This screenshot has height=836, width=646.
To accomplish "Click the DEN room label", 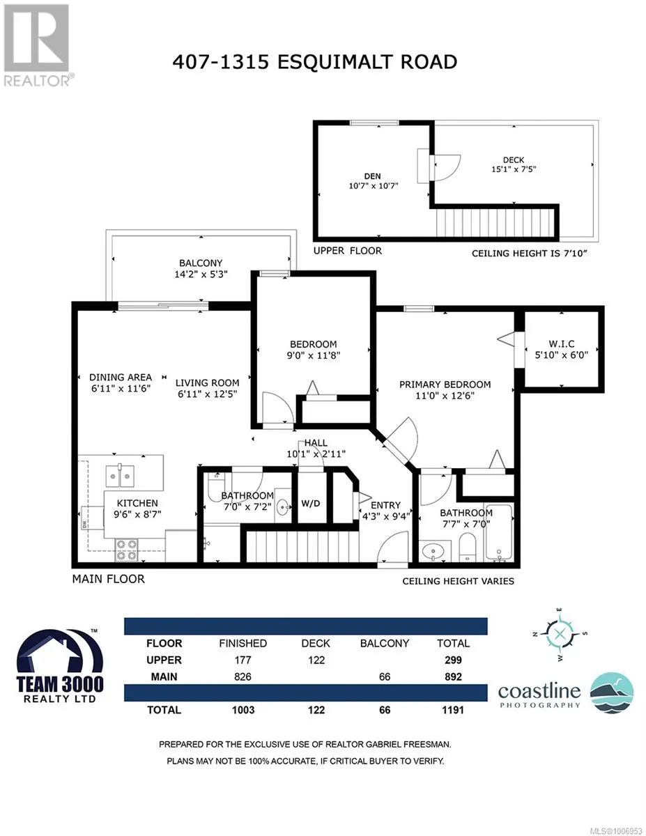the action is [x=372, y=176].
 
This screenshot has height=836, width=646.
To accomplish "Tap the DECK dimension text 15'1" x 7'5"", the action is [x=514, y=169].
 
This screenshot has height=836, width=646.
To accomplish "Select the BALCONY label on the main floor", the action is [x=201, y=263].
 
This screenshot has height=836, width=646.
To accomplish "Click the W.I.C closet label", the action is [x=562, y=343].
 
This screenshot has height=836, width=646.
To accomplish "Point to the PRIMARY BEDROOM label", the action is [x=445, y=385].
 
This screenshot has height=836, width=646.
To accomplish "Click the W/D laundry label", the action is [x=311, y=504].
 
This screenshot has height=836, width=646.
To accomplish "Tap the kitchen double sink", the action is [x=120, y=476].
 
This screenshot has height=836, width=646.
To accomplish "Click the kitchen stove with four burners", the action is [x=127, y=550].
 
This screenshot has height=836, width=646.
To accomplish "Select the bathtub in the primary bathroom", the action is [x=499, y=532].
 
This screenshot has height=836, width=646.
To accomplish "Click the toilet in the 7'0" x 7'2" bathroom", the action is [x=214, y=486].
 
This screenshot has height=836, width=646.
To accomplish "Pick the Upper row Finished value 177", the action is [x=243, y=660].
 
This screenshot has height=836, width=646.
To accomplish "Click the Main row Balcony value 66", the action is [x=385, y=676].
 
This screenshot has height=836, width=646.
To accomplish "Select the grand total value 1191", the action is [x=453, y=710].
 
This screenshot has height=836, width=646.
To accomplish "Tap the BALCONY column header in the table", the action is [x=385, y=643].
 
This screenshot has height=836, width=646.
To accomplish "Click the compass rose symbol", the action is [x=560, y=633].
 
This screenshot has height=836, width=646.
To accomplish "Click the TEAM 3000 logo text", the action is [x=60, y=685].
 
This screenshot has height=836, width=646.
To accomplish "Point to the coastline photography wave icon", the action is [x=612, y=694].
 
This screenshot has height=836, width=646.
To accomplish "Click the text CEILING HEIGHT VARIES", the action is [x=458, y=581].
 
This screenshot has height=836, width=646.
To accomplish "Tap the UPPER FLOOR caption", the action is [x=348, y=251].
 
